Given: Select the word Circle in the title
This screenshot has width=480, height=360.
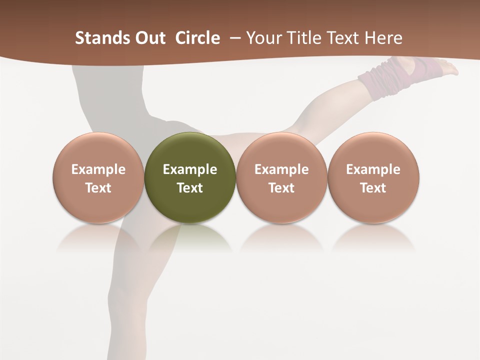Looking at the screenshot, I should tap(197, 38).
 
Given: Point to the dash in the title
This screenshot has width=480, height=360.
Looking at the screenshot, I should tap(233, 38).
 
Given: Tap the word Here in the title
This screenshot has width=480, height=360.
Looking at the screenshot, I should tap(385, 38).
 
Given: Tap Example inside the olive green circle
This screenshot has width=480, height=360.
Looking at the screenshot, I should tap(190, 169).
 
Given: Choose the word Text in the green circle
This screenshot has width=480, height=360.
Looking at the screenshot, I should tap(190, 188).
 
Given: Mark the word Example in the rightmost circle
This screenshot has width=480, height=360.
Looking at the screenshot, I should tap(373, 169).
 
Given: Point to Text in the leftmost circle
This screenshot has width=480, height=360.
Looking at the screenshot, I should tap(98, 188).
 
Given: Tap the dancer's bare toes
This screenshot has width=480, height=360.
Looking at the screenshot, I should tap(450, 69).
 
